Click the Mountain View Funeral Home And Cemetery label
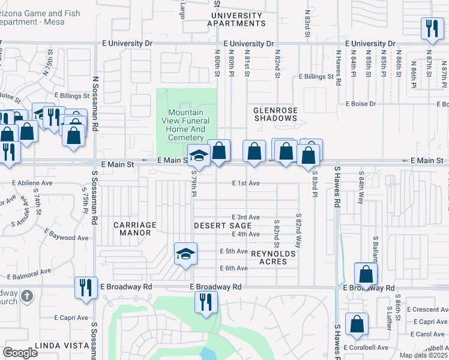[186, 125]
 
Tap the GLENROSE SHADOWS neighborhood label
[275, 114]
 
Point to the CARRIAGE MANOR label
[135, 229]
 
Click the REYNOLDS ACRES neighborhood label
[273, 257]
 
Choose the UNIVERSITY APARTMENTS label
[236, 19]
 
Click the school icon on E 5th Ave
[185, 253]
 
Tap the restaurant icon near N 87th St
[431, 28]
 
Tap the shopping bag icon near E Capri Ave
[357, 323]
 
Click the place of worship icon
[26, 296]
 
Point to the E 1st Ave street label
[246, 184]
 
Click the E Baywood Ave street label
[66, 238]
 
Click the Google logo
[20, 352]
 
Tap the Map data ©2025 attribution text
[423, 355]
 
